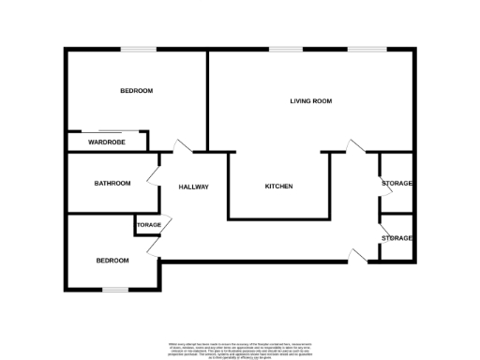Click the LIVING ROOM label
[x=310, y=100]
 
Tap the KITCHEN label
[x=278, y=187]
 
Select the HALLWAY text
[x=193, y=187]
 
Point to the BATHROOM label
[x=112, y=183]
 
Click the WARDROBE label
[x=107, y=142]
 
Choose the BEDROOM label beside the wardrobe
[x=136, y=90]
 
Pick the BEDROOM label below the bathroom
[x=114, y=261]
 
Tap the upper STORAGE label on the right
[x=397, y=183]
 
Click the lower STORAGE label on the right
[x=397, y=238]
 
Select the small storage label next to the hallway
[x=149, y=225]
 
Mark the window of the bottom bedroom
[x=115, y=289]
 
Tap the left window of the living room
[x=285, y=49]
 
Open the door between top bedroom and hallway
[x=180, y=147]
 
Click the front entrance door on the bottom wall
[x=355, y=255]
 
